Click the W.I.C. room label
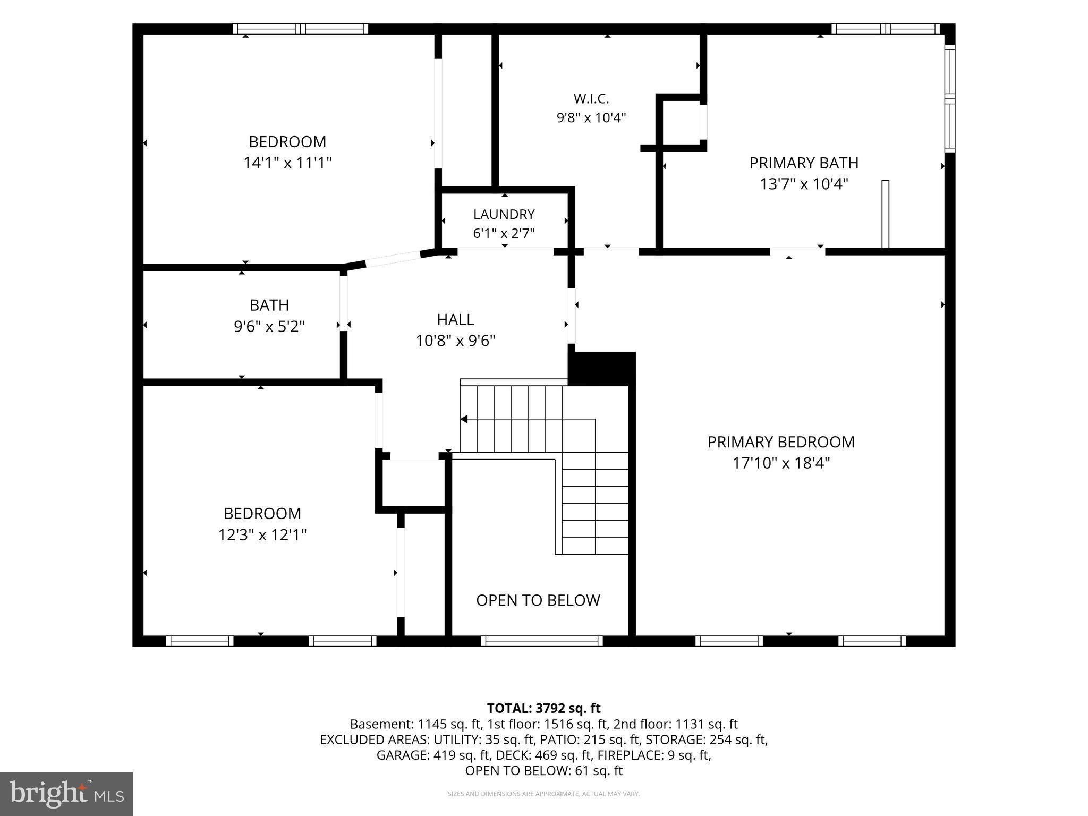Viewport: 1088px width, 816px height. coord(591,99)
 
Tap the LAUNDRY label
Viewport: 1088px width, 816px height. coord(504,214)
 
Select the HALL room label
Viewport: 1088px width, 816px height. coord(455,319)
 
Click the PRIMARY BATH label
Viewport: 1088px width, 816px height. coord(804,163)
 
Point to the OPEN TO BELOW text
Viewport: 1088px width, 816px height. coord(538,600)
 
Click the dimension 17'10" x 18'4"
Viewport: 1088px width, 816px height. coord(781,463)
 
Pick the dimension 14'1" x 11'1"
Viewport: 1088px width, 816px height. coord(287,162)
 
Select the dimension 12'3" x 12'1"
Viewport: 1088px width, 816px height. coord(262,534)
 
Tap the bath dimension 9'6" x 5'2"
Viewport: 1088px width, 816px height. coord(269,326)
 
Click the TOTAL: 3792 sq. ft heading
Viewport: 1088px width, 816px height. coord(543,708)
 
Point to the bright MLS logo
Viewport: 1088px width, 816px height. coord(66,794)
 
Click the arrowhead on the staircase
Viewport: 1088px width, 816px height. coord(464,419)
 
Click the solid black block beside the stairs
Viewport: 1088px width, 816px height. coord(602,368)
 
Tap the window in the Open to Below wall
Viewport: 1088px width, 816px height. coord(542,641)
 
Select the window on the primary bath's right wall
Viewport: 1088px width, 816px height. coord(950,99)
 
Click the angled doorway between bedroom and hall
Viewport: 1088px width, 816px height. coord(393,259)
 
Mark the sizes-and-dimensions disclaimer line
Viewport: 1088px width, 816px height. coord(543,794)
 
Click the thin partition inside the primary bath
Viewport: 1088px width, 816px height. coord(885,214)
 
